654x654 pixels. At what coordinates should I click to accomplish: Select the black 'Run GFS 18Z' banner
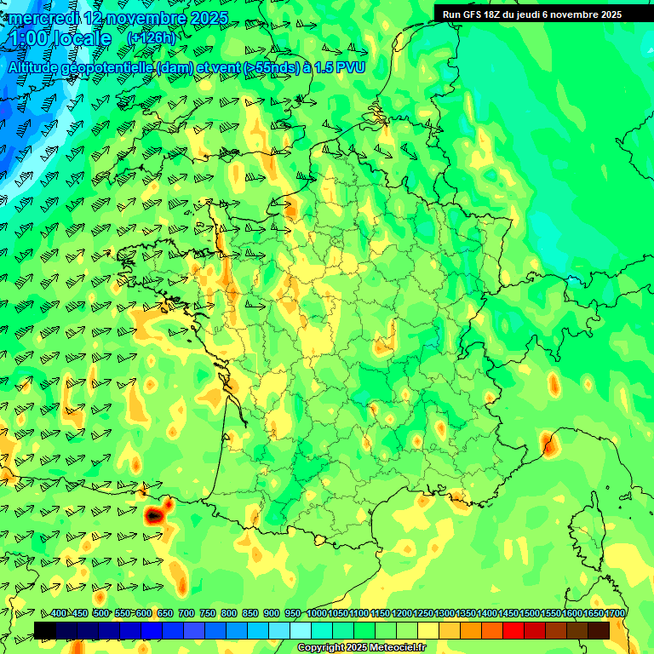543,14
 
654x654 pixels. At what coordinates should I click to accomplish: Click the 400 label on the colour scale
58,614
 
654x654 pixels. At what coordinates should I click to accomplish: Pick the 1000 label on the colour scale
316,614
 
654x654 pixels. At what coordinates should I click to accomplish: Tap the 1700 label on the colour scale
615,614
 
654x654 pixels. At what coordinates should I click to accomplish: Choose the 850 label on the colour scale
250,614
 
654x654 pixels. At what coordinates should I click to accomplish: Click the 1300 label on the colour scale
445,614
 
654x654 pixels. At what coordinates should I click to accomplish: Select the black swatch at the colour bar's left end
45,630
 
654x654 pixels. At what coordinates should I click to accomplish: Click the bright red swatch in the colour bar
513,630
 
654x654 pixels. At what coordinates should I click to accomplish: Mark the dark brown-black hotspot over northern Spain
153,515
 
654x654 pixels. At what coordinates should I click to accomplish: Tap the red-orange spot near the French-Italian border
547,442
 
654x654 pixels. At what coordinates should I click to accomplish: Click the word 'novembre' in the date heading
148,18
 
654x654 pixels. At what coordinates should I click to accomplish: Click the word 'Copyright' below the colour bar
320,648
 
